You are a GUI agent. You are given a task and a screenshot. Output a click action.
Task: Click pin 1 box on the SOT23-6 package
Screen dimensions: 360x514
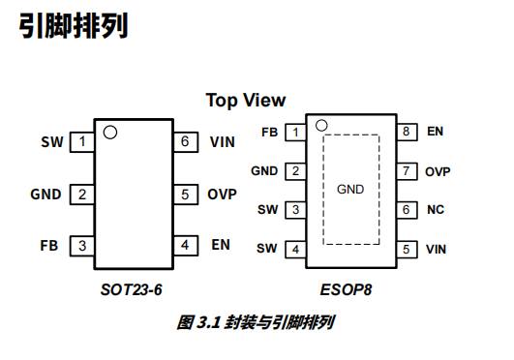(x=83, y=142)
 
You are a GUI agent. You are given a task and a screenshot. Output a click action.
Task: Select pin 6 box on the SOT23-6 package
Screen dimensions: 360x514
(x=184, y=142)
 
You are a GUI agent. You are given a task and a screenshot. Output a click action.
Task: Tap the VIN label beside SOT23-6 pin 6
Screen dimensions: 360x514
(x=222, y=142)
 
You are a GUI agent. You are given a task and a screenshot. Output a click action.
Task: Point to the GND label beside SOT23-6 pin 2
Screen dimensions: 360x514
(x=45, y=194)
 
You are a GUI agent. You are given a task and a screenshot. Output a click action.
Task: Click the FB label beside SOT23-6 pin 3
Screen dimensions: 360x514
(x=49, y=245)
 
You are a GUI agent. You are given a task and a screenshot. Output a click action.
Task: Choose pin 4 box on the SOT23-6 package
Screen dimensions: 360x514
(x=184, y=245)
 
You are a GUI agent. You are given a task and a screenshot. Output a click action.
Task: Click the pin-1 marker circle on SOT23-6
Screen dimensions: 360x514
(x=110, y=132)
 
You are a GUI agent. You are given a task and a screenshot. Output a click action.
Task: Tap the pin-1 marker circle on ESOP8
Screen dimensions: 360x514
(x=321, y=125)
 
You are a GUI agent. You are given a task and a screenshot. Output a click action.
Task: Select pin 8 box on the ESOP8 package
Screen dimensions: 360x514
(x=408, y=132)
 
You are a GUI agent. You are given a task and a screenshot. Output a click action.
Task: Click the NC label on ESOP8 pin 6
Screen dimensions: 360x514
(x=435, y=209)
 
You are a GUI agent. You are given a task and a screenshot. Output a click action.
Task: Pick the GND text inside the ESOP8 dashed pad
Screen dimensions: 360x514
(x=350, y=189)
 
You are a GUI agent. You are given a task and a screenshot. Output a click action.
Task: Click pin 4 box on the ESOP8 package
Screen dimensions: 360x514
(x=294, y=249)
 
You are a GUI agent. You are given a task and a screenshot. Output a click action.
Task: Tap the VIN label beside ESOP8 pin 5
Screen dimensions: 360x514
(x=437, y=249)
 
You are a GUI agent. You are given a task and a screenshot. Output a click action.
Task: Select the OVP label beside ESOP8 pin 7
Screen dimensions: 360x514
(x=438, y=171)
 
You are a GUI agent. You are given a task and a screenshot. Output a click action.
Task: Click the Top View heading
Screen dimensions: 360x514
(x=245, y=101)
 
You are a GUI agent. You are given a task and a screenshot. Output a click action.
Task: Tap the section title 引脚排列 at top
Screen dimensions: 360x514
(x=74, y=26)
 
